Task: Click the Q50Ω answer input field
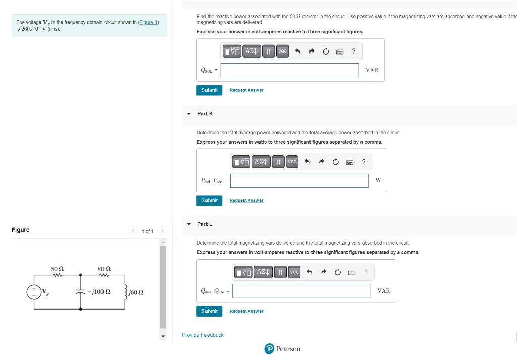pyautogui.click(x=289, y=70)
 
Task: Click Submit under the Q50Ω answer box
pyautogui.click(x=210, y=90)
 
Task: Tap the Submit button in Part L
pyautogui.click(x=210, y=311)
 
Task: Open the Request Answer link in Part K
pyautogui.click(x=246, y=200)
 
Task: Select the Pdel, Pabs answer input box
pyautogui.click(x=299, y=181)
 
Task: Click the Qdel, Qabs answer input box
pyautogui.click(x=301, y=291)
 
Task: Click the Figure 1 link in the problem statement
pyautogui.click(x=148, y=22)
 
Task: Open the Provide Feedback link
pyautogui.click(x=203, y=335)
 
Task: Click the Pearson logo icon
pyautogui.click(x=269, y=349)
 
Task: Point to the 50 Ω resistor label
pyautogui.click(x=58, y=269)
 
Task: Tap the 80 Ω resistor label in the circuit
pyautogui.click(x=104, y=269)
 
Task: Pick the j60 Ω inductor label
pyautogui.click(x=136, y=292)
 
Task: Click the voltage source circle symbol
pyautogui.click(x=34, y=292)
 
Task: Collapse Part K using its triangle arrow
pyautogui.click(x=189, y=114)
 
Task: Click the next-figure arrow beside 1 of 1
pyautogui.click(x=162, y=231)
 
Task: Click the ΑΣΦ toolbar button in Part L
pyautogui.click(x=263, y=272)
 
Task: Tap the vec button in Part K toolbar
pyautogui.click(x=292, y=162)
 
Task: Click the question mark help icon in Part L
pyautogui.click(x=366, y=272)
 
